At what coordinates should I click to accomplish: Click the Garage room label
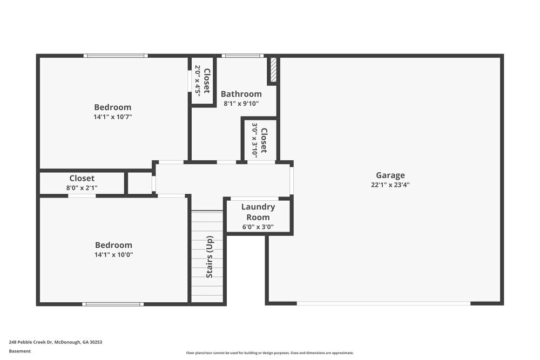390,175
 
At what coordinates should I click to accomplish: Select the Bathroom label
241,94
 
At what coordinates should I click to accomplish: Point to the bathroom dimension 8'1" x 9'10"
241,104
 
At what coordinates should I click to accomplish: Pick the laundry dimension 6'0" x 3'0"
258,227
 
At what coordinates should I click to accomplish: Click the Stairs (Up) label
210,257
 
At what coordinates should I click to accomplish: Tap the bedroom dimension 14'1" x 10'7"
112,117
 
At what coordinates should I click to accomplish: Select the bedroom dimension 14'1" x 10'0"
113,255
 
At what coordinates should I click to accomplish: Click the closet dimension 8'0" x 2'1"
82,188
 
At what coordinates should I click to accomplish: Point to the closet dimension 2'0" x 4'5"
198,80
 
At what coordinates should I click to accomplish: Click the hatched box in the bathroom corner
273,70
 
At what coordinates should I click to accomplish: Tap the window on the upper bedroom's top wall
115,56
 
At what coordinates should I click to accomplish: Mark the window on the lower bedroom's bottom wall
113,304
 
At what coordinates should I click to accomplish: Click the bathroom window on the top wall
242,56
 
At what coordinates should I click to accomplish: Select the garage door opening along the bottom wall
383,303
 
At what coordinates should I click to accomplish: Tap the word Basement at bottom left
20,351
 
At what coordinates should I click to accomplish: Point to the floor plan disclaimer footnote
270,353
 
